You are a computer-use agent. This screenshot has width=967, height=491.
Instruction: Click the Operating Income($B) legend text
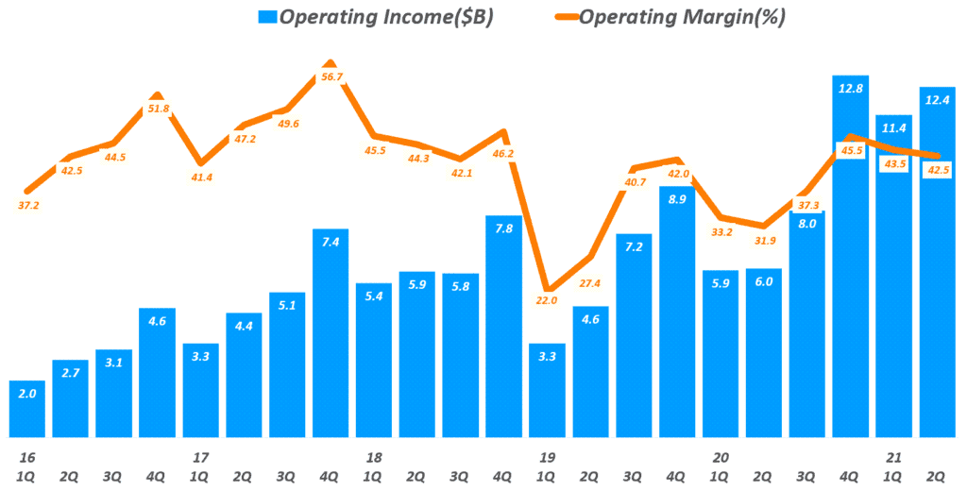pyautogui.click(x=388, y=16)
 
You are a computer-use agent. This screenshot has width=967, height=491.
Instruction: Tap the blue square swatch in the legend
pyautogui.click(x=267, y=16)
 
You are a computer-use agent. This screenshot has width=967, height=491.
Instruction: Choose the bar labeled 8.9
pyautogui.click(x=677, y=312)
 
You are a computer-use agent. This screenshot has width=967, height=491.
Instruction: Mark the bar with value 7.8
pyautogui.click(x=503, y=326)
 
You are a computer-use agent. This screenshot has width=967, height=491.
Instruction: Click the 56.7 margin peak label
pyautogui.click(x=331, y=77)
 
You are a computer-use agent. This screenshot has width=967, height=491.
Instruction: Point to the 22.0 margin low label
pyautogui.click(x=546, y=300)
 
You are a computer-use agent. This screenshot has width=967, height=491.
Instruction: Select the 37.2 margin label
pyautogui.click(x=28, y=205)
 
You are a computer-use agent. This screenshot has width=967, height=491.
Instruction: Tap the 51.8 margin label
pyautogui.click(x=159, y=109)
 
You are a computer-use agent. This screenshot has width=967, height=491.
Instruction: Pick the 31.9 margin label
pyautogui.click(x=764, y=241)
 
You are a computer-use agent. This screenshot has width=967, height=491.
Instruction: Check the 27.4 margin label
pyautogui.click(x=590, y=283)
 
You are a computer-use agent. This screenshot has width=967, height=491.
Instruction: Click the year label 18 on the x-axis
pyautogui.click(x=374, y=457)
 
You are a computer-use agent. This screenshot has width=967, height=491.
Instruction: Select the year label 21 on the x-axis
pyautogui.click(x=894, y=457)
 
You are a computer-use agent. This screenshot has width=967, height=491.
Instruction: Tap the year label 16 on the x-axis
pyautogui.click(x=27, y=457)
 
